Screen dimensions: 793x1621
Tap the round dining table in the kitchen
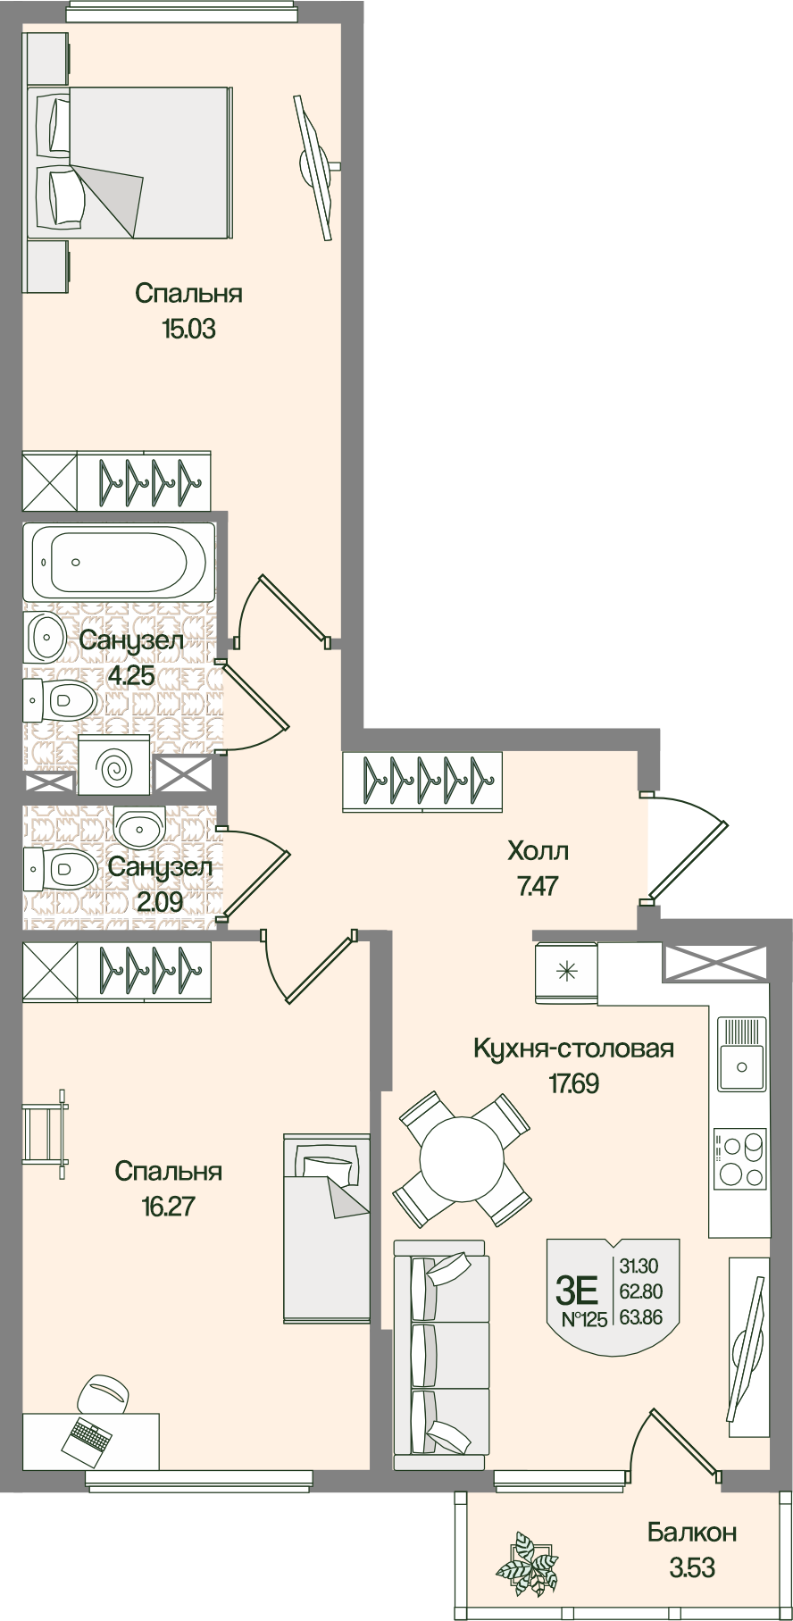pyautogui.click(x=463, y=1159)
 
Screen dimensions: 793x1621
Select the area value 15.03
pyautogui.click(x=188, y=329)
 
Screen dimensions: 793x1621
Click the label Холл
pyautogui.click(x=538, y=850)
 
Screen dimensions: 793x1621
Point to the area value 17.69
pyautogui.click(x=573, y=1084)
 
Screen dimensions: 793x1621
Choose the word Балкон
pyautogui.click(x=692, y=1533)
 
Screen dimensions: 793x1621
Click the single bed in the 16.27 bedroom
pyautogui.click(x=326, y=1227)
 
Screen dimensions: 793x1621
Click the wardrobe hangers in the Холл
pyautogui.click(x=422, y=781)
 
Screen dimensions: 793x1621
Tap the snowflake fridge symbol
pyautogui.click(x=565, y=972)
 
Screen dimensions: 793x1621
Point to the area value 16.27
pyautogui.click(x=168, y=1207)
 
